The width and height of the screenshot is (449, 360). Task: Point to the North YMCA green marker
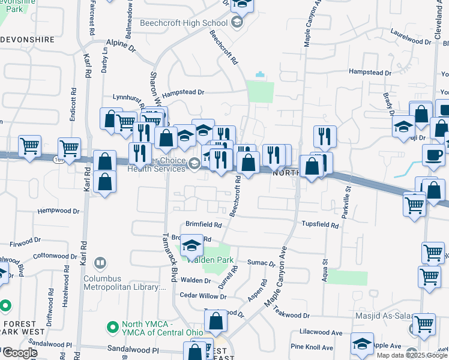(112, 328)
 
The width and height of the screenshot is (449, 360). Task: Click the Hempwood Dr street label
(58, 211)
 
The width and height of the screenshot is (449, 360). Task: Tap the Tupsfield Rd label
(320, 226)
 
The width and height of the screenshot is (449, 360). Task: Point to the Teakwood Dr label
(291, 315)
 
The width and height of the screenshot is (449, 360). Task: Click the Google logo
(19, 353)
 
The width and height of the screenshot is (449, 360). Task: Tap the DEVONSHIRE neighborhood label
(28, 39)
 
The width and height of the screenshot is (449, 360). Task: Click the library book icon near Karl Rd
(101, 263)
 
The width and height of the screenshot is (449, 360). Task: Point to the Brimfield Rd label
(203, 225)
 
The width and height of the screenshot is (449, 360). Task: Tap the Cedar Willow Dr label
(203, 296)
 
